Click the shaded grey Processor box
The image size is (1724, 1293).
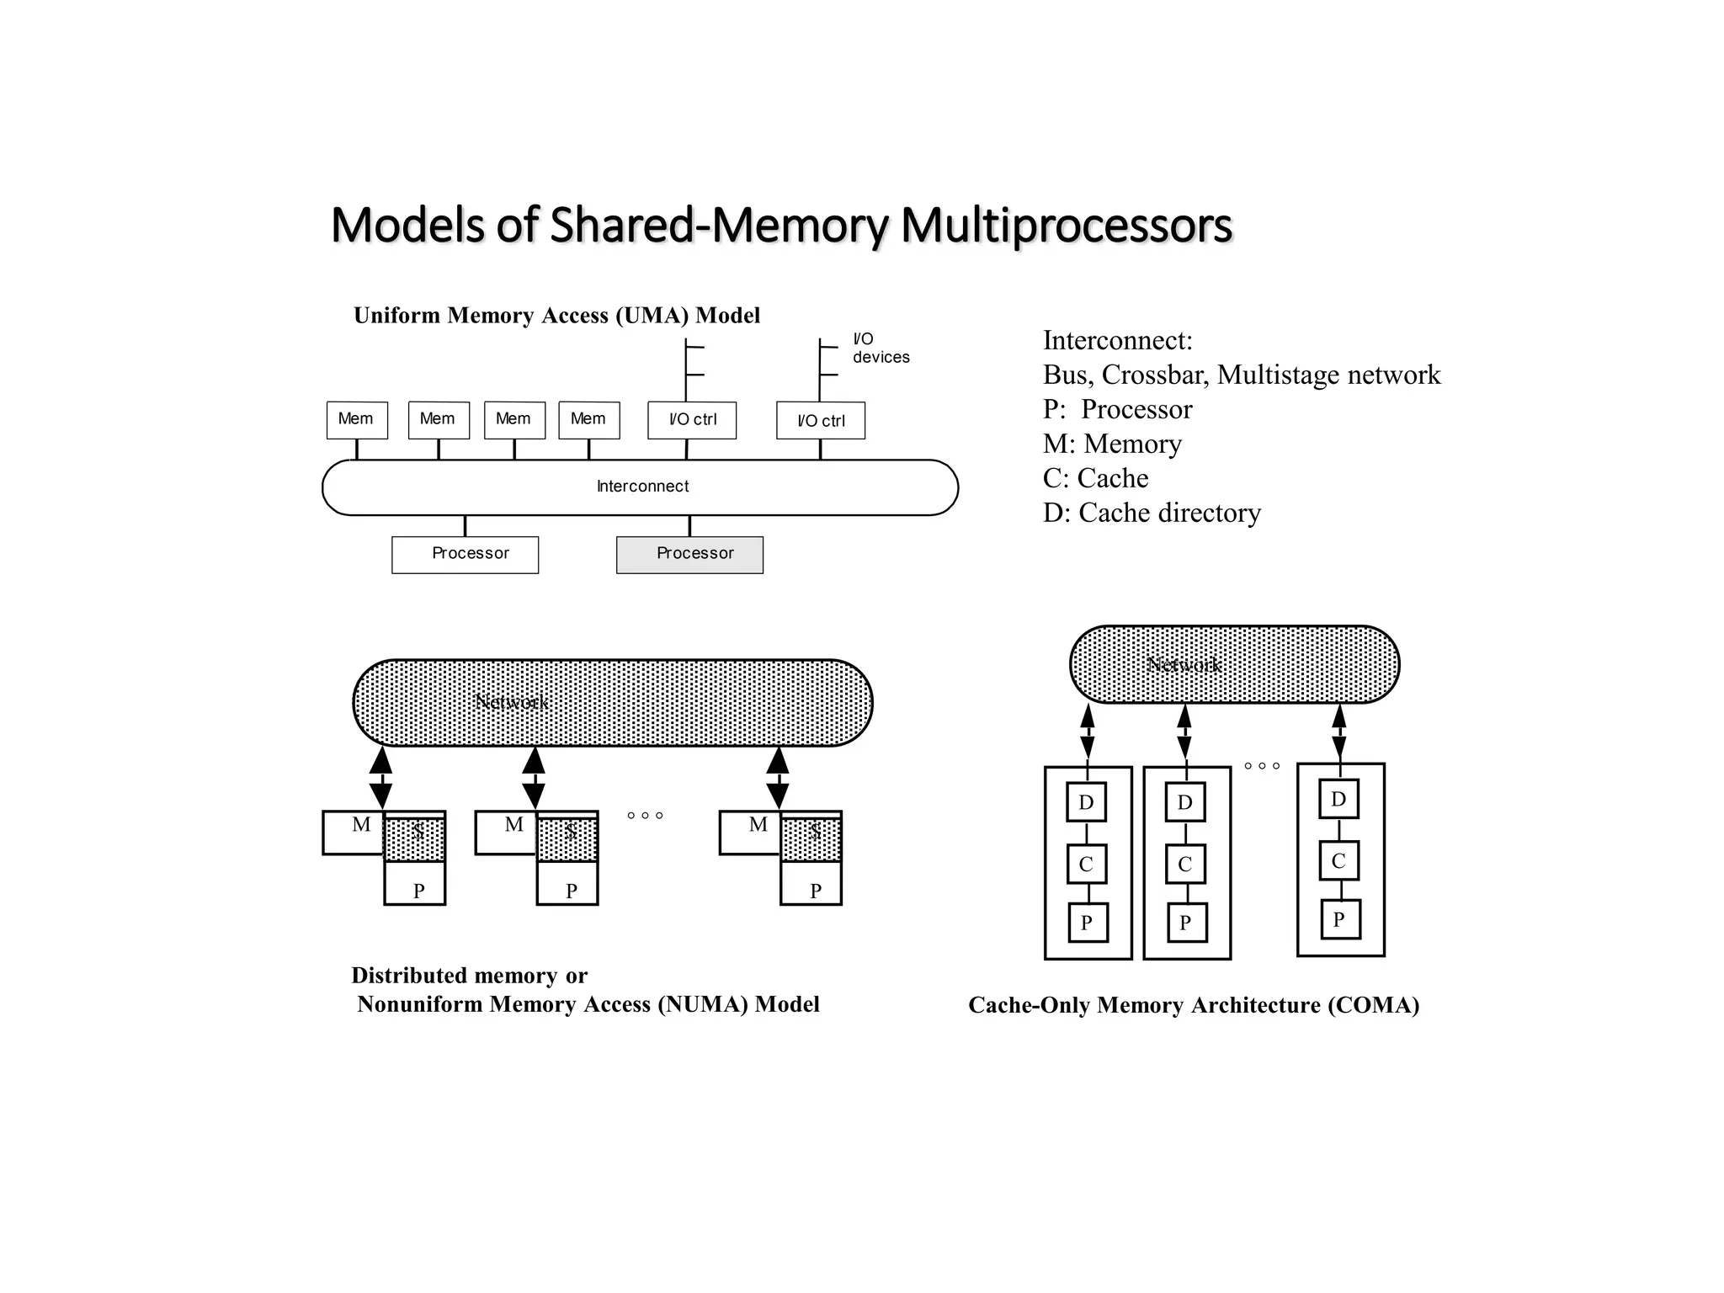689,555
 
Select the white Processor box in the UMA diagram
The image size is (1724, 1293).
465,555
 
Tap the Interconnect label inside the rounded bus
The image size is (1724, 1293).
642,487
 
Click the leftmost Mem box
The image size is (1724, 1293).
357,420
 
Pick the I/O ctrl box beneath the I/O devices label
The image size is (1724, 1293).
820,420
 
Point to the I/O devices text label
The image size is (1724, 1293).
880,348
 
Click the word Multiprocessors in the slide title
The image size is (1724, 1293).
1066,226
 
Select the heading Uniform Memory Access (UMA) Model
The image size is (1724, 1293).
556,316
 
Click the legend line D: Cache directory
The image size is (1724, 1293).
1151,513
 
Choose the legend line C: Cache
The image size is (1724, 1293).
1095,478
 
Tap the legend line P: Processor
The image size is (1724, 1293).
1117,409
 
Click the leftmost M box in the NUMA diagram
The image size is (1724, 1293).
354,833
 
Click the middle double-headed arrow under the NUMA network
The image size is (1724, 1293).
534,778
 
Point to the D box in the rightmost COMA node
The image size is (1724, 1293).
1338,799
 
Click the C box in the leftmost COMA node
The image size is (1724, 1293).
1086,865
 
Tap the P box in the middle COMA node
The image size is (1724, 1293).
1185,923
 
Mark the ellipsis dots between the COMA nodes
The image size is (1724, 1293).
1262,766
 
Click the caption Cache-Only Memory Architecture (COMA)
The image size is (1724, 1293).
1193,1005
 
